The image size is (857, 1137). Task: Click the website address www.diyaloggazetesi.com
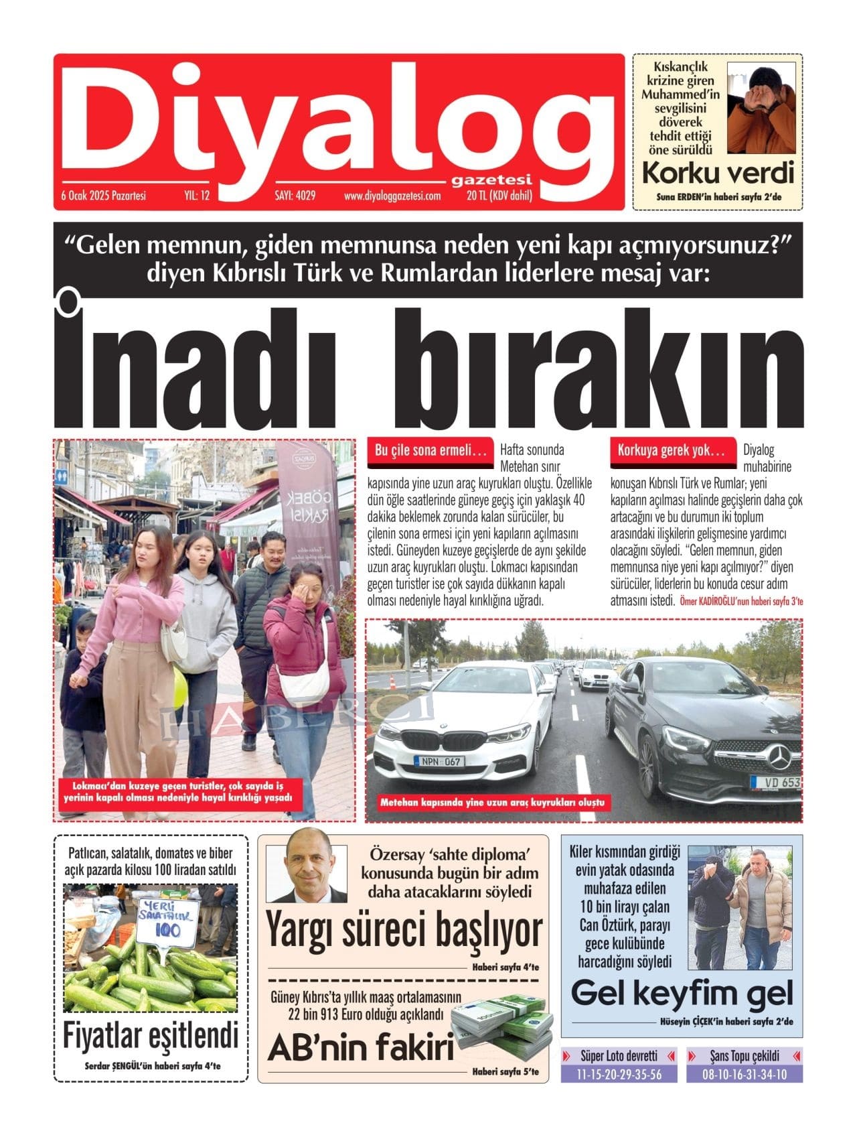(x=392, y=196)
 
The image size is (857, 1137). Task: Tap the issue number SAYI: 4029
(x=295, y=196)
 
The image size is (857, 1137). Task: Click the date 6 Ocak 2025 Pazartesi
(x=104, y=196)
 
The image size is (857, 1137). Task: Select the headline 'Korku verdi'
(x=717, y=173)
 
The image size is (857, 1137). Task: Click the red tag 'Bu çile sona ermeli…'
(x=430, y=451)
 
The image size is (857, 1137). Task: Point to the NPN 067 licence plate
(x=439, y=761)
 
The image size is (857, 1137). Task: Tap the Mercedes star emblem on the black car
(x=777, y=758)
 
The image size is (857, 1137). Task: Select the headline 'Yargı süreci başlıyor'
(x=404, y=931)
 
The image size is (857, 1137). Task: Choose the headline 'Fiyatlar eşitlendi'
(x=150, y=1036)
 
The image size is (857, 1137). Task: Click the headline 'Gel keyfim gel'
(x=682, y=992)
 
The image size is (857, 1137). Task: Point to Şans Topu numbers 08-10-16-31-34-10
(x=744, y=1074)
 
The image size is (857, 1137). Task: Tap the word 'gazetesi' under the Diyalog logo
(x=492, y=180)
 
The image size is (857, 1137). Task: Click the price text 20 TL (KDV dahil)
(x=499, y=196)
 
